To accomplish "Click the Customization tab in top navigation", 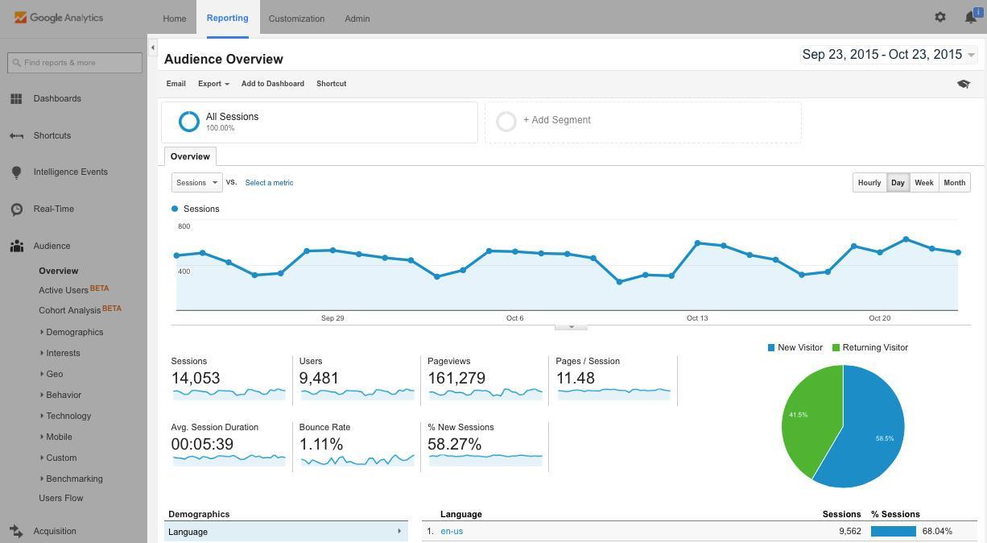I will (x=296, y=19).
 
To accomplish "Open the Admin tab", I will (x=357, y=19).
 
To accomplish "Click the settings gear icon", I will (x=940, y=17).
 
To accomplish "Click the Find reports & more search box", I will (x=75, y=63).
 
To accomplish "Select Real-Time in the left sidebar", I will (x=54, y=209).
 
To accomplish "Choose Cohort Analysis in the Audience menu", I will (x=70, y=310).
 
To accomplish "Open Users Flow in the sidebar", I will (x=61, y=498).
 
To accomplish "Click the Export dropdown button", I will (x=213, y=84).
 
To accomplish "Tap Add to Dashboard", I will (x=273, y=84).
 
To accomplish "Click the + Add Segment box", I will (x=642, y=121).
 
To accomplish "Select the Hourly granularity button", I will (x=869, y=183).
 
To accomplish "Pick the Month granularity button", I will (x=954, y=183).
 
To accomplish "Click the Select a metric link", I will (x=269, y=183).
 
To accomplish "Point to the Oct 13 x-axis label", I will (x=697, y=318).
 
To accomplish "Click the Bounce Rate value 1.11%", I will (x=321, y=445).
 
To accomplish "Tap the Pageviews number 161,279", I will (x=456, y=379).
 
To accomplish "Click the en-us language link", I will (x=452, y=532).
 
